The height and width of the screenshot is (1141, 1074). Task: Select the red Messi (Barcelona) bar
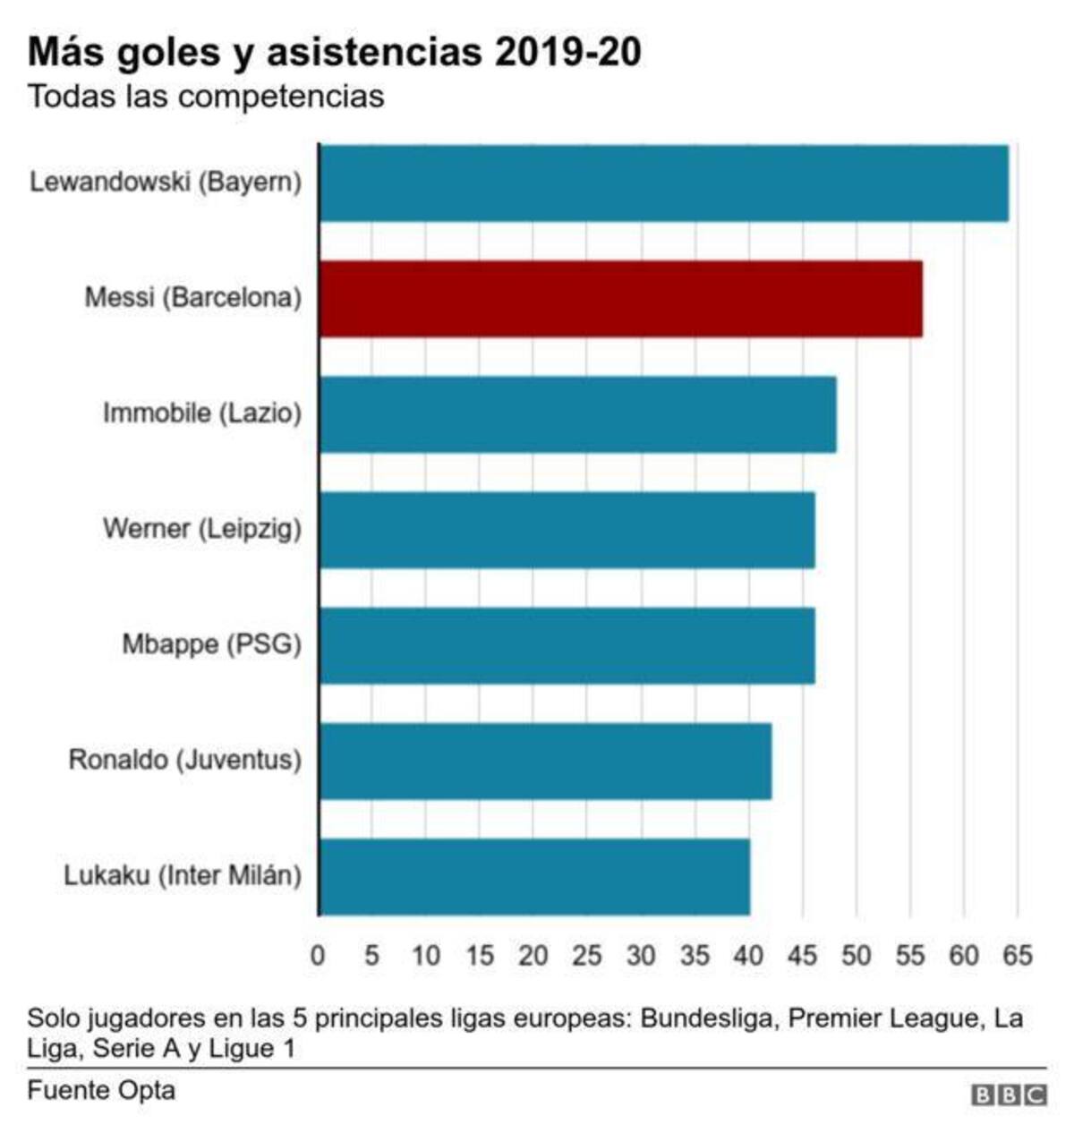pos(620,298)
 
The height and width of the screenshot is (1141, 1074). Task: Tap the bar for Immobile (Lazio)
pos(577,413)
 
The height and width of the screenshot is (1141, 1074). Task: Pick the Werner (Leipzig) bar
pos(567,529)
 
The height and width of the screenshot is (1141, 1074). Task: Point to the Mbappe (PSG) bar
pos(567,644)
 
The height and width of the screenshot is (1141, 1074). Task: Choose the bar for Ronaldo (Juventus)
pos(545,761)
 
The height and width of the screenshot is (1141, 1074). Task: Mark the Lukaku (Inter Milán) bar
pos(534,876)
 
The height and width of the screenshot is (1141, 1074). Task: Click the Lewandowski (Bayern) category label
pos(166,183)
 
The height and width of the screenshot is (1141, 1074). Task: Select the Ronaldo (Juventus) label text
pos(185,761)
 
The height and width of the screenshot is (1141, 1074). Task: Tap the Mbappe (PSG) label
pos(212,644)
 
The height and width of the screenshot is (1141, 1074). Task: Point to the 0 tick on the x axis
pos(318,956)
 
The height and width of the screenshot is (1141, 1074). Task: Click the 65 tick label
pos(1018,956)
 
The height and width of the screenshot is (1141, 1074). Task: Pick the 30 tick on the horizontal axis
pos(641,956)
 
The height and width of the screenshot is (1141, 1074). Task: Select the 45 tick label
pos(802,956)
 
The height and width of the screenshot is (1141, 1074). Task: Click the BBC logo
pos(1009,1094)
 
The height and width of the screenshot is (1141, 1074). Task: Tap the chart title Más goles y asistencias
pos(334,52)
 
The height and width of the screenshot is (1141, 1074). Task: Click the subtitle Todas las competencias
pos(206,96)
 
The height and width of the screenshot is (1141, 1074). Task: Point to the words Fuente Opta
pos(101,1091)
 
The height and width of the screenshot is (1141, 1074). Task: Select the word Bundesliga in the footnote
pos(707,1018)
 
